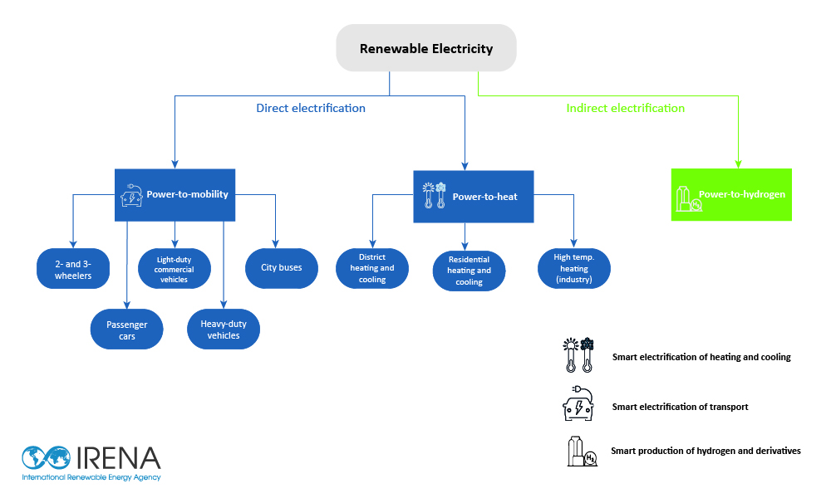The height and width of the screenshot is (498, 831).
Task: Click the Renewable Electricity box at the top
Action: (425, 48)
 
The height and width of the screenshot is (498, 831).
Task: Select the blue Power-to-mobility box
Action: (175, 195)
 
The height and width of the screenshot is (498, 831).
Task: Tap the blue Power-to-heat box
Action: (473, 197)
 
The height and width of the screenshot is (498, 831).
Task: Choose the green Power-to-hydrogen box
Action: (731, 195)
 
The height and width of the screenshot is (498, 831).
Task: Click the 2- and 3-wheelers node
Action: (73, 269)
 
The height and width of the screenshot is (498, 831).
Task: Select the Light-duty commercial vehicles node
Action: (175, 269)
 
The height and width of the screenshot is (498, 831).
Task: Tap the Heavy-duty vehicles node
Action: (224, 330)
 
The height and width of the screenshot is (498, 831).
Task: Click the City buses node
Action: (282, 268)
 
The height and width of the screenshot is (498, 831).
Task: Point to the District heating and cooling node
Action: (372, 268)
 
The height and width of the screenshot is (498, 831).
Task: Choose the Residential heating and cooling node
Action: (470, 271)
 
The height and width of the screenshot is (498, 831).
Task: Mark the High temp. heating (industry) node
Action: (574, 268)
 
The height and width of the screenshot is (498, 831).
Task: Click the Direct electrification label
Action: (311, 108)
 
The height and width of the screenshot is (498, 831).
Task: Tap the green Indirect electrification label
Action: (625, 108)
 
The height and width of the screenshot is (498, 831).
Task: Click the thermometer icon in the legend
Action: (578, 357)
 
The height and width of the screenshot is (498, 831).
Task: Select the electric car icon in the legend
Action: (579, 404)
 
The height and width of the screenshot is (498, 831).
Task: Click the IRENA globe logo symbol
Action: (47, 458)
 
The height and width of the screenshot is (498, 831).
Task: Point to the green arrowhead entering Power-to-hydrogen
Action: (737, 164)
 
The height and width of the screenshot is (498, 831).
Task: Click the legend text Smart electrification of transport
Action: (680, 407)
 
